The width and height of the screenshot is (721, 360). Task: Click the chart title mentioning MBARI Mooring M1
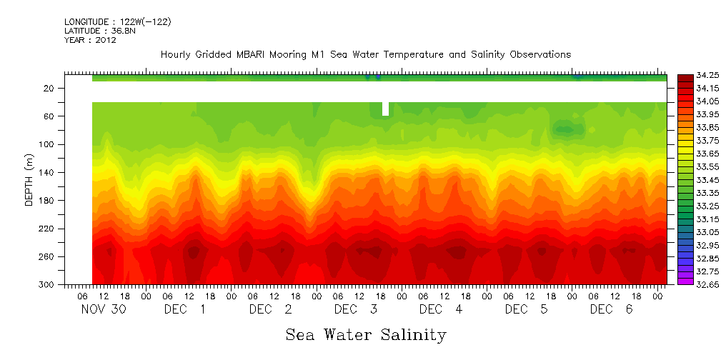pyautogui.click(x=365, y=54)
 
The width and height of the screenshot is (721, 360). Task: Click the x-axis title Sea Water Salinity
pyautogui.click(x=366, y=334)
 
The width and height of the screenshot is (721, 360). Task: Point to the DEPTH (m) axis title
pyautogui.click(x=29, y=181)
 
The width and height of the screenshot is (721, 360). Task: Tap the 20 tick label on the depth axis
pyautogui.click(x=50, y=88)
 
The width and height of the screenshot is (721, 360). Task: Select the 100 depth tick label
pyautogui.click(x=48, y=144)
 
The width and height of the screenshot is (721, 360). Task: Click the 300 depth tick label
pyautogui.click(x=48, y=284)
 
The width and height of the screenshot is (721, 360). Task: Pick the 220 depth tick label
pyautogui.click(x=48, y=229)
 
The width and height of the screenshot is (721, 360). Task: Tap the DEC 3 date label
pyautogui.click(x=356, y=309)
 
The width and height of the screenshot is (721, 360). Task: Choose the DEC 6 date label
pyautogui.click(x=611, y=309)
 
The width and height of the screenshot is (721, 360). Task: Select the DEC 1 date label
pyautogui.click(x=186, y=309)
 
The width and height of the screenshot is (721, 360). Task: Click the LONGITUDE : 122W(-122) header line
pyautogui.click(x=117, y=22)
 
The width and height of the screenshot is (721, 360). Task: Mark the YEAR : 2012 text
pyautogui.click(x=90, y=40)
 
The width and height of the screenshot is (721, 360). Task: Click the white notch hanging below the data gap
pyautogui.click(x=386, y=108)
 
